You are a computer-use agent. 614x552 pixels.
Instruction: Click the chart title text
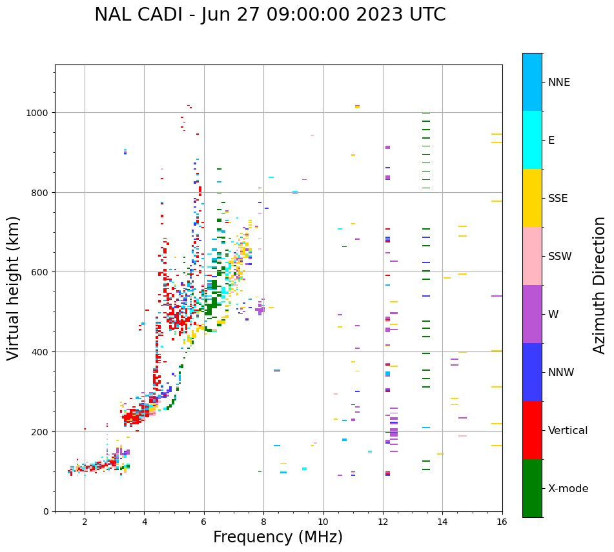(270, 15)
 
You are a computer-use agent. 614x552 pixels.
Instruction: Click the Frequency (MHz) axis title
(278, 537)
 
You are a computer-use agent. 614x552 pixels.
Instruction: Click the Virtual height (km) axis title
(14, 288)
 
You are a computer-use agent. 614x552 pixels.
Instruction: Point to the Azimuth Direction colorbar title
(600, 285)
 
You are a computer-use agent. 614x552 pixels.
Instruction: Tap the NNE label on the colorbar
(559, 83)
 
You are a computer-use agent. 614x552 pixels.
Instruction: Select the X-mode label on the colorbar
(568, 489)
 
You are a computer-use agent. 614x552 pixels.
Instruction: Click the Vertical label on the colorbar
(568, 431)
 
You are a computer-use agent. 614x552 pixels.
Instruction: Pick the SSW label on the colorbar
(560, 257)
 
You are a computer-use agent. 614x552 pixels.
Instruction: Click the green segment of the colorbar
(532, 488)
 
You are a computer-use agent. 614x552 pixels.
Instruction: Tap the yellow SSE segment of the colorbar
(532, 198)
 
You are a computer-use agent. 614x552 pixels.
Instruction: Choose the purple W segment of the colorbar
(532, 314)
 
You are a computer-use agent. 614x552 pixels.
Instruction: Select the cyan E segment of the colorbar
(532, 140)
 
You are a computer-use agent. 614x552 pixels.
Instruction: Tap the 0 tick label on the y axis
(46, 511)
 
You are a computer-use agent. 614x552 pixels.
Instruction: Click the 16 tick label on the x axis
(502, 522)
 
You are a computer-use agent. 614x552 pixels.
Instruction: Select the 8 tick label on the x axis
(263, 522)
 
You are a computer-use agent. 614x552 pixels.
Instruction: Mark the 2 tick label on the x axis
(85, 522)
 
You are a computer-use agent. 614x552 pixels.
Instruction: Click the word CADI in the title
(158, 15)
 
